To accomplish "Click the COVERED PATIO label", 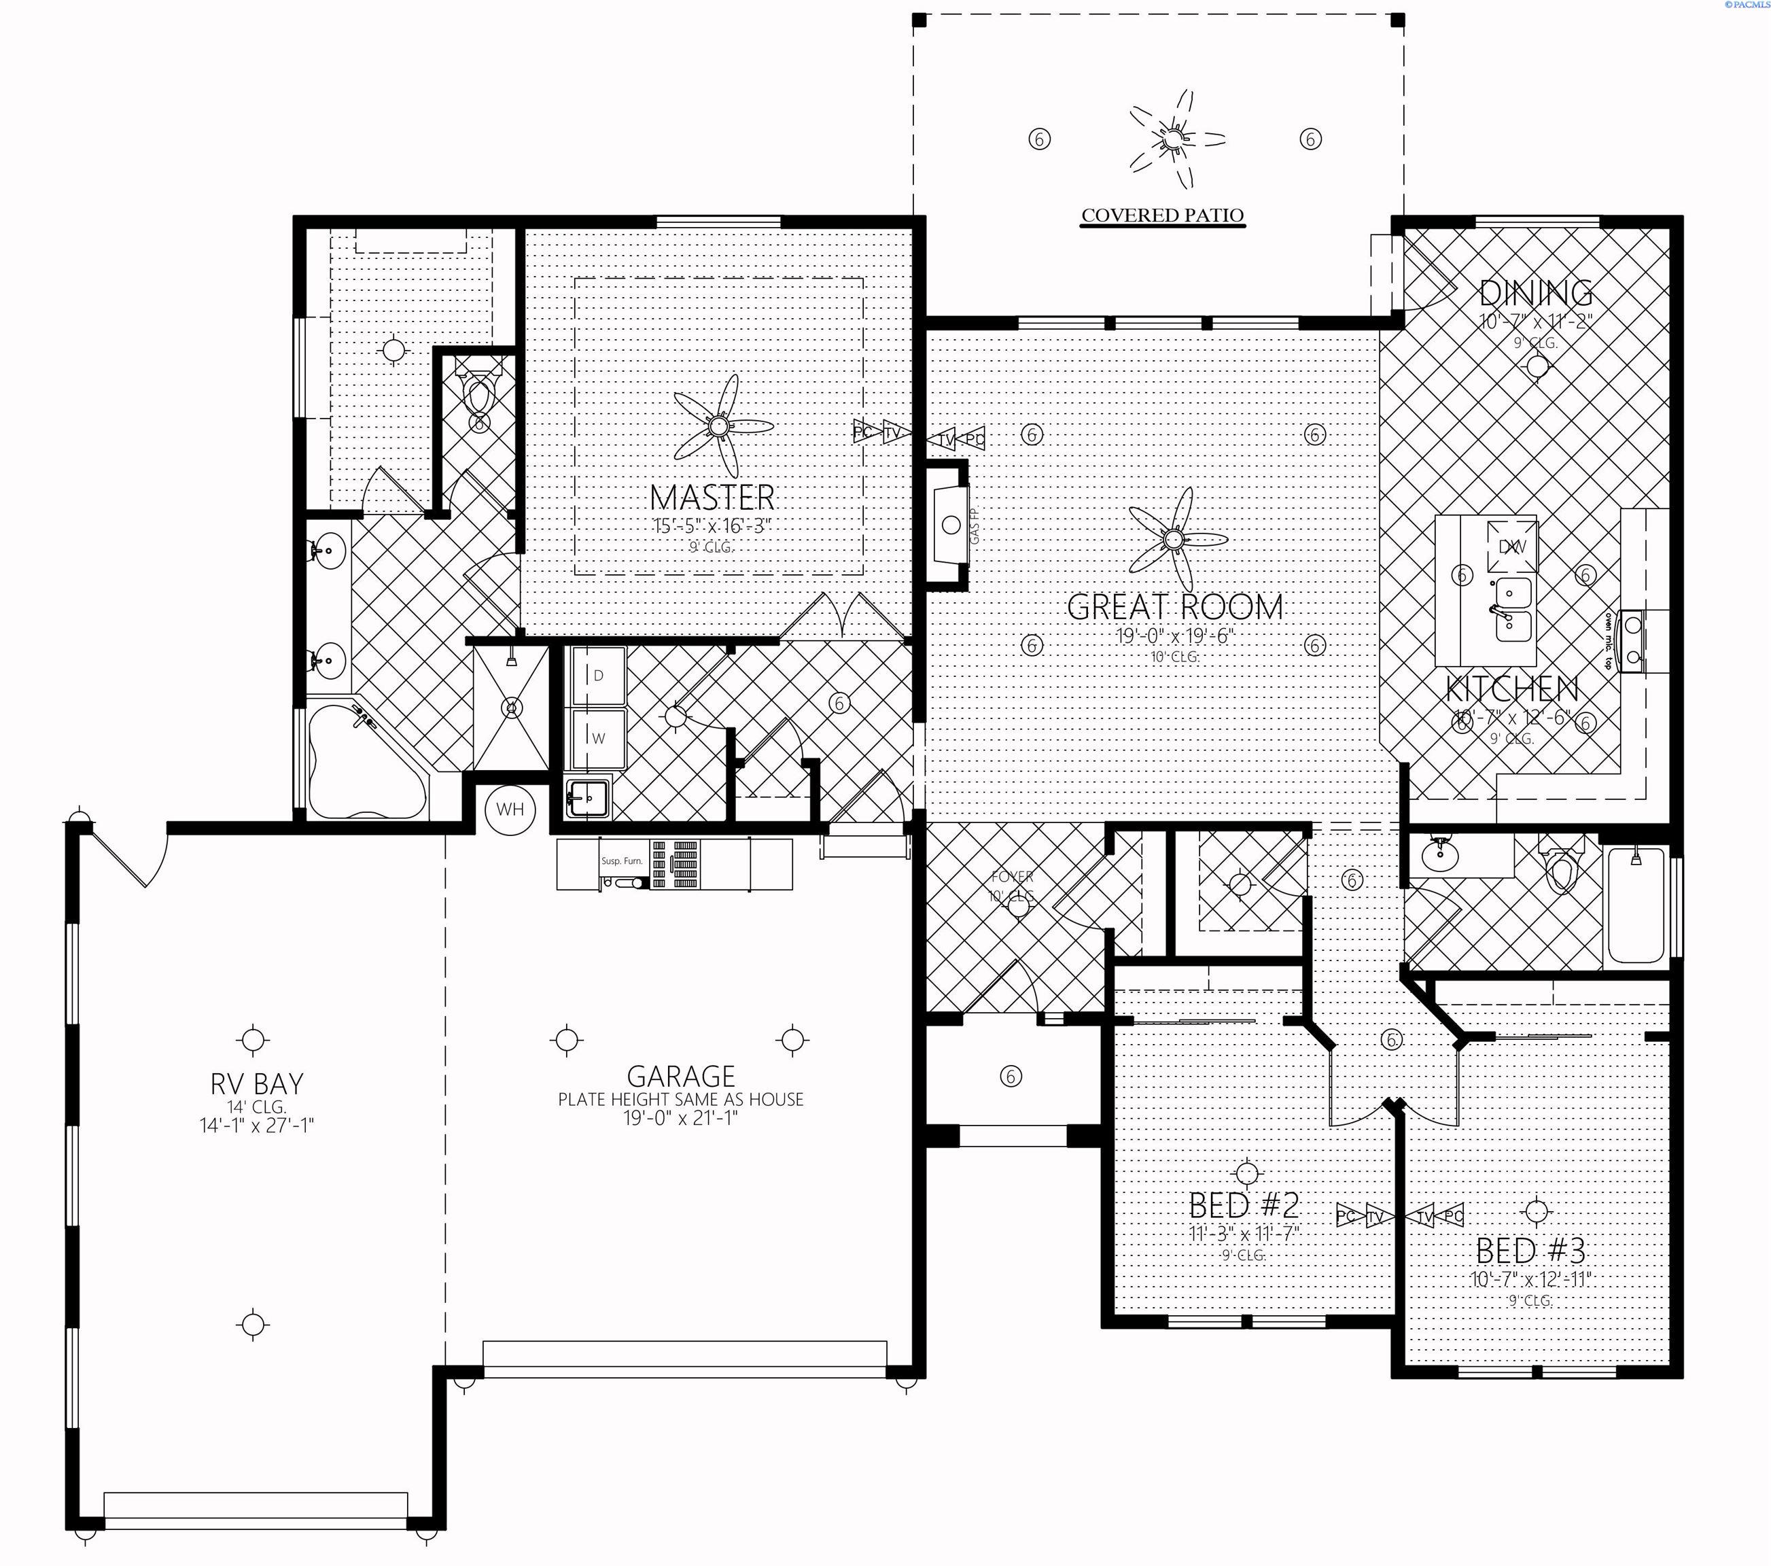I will click(x=1162, y=215).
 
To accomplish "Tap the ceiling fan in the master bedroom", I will click(x=718, y=426).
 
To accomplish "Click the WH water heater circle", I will click(x=510, y=810).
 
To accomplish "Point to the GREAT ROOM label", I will click(x=1174, y=607).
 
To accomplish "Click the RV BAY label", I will click(x=256, y=1083).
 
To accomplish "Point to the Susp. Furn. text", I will click(x=622, y=861).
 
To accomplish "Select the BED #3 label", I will click(x=1530, y=1251).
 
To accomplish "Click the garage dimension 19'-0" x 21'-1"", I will click(x=680, y=1118).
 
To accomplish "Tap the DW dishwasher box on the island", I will click(x=1511, y=546).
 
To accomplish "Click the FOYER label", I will click(x=1011, y=877).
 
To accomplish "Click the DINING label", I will click(x=1535, y=293).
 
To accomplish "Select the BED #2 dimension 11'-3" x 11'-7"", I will click(x=1244, y=1233).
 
